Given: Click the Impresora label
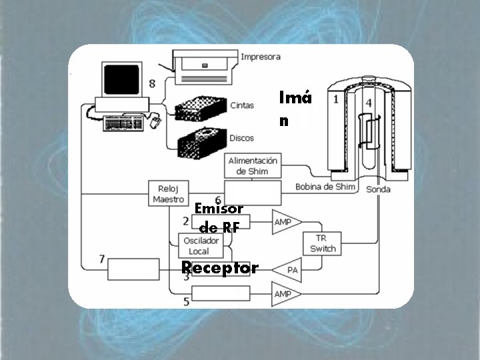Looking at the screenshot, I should pos(261,57).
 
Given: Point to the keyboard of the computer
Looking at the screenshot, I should pos(125,123).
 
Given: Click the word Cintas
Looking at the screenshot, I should pos(241,105).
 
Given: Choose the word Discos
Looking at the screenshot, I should pos(241,138).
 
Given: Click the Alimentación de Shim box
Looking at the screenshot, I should pos(253,165).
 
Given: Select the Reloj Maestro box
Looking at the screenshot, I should pos(168,193).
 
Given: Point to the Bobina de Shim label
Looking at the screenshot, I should pos(325,187).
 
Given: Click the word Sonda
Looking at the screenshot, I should pos(379,189).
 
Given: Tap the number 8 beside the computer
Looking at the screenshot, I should pos(153,83).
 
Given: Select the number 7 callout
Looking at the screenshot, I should pos(101,259).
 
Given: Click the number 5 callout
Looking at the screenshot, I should pos(186,302).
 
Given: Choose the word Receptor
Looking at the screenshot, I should pos(220,268).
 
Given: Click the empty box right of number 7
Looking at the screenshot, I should pos(134,269).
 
